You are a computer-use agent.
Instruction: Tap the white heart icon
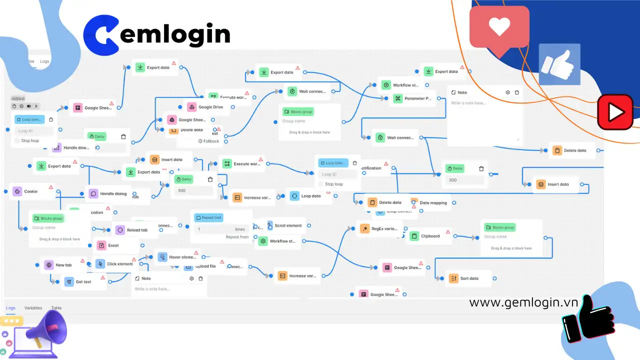pyautogui.click(x=499, y=26)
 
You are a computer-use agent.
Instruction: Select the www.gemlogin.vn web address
pyautogui.click(x=523, y=302)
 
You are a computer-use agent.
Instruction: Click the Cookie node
pyautogui.click(x=31, y=191)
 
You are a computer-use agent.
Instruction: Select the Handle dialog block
pyautogui.click(x=113, y=193)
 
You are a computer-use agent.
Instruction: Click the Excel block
pyautogui.click(x=113, y=245)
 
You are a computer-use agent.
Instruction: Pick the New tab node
pyautogui.click(x=63, y=265)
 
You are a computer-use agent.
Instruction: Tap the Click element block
pyautogui.click(x=119, y=264)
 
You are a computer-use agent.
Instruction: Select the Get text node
pyautogui.click(x=83, y=281)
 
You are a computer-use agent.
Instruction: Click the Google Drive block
pyautogui.click(x=210, y=107)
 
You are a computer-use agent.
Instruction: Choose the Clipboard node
pyautogui.click(x=430, y=236)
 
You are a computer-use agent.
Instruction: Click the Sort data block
pyautogui.click(x=469, y=278)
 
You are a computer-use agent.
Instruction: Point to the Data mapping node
pyautogui.click(x=433, y=202)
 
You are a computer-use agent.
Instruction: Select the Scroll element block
pyautogui.click(x=288, y=225)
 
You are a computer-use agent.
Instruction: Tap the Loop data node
pyautogui.click(x=310, y=196)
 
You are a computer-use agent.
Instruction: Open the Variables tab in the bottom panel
pyautogui.click(x=33, y=308)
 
